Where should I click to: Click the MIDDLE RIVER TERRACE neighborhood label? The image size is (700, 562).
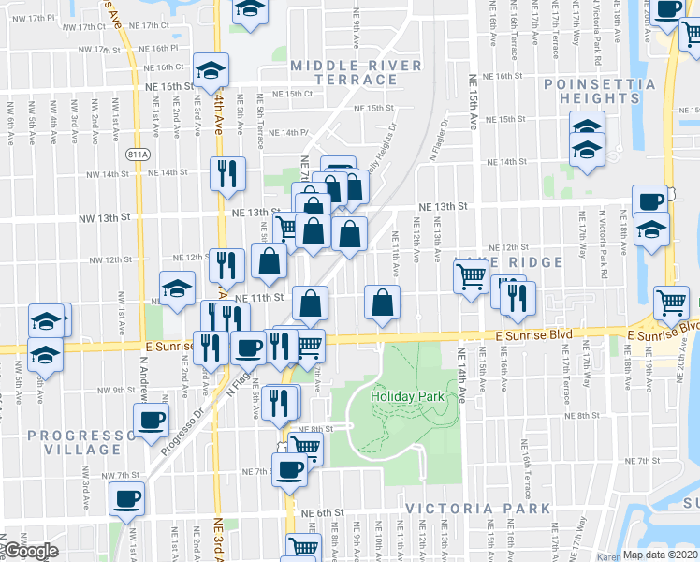pyautogui.click(x=356, y=72)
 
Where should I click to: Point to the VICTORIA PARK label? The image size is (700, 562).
pyautogui.click(x=477, y=509)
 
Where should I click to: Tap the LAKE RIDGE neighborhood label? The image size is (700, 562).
pyautogui.click(x=508, y=262)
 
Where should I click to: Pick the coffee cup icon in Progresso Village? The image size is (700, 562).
pyautogui.click(x=150, y=421)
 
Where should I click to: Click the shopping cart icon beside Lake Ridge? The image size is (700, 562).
pyautogui.click(x=470, y=274)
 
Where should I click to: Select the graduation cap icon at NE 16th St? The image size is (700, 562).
pyautogui.click(x=211, y=68)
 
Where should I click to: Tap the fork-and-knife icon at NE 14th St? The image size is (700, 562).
pyautogui.click(x=227, y=172)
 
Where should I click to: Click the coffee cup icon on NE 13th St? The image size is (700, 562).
pyautogui.click(x=649, y=200)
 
